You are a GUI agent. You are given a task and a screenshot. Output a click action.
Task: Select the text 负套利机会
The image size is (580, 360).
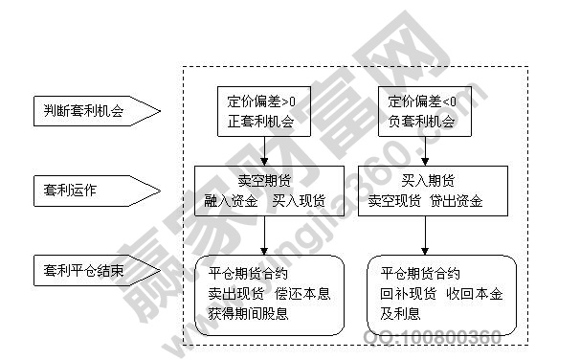coord(422,122)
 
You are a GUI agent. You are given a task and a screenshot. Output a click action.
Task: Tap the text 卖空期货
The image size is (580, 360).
coord(263,179)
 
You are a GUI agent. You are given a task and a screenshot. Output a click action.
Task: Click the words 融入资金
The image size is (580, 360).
coord(230,200)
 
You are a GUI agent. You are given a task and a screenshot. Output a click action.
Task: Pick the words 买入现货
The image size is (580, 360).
coord(299,200)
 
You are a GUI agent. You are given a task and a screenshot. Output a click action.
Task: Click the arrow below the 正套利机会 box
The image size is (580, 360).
coord(263,148)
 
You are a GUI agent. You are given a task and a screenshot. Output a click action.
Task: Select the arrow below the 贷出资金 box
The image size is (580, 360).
coord(428,236)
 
